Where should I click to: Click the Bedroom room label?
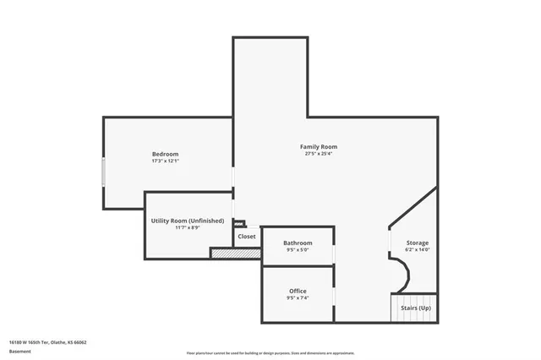tap(165, 154)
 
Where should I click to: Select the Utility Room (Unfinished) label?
tap(188, 221)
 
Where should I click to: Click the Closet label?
tap(247, 237)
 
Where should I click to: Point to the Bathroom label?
tap(298, 243)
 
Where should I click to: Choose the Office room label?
tap(298, 291)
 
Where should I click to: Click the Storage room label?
tap(418, 243)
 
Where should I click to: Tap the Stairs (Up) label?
tap(416, 308)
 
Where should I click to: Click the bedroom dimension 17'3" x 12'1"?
tap(165, 161)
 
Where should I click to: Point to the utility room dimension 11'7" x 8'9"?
tap(188, 228)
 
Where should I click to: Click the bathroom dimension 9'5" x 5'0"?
tap(298, 250)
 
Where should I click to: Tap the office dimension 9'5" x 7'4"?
tap(298, 298)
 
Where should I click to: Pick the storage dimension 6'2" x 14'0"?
tap(418, 250)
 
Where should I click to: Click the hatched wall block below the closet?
tap(235, 253)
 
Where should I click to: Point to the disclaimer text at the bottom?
tap(270, 353)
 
